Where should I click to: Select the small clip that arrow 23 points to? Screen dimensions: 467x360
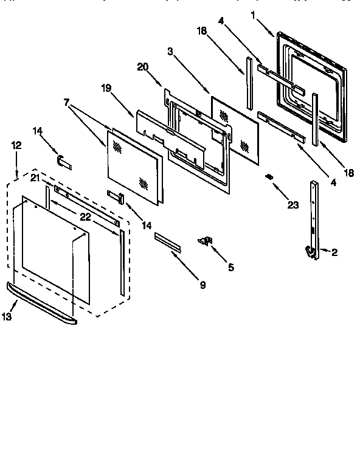tap(268, 177)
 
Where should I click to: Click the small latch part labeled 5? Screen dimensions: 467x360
tap(205, 241)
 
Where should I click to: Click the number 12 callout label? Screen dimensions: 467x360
tap(16, 145)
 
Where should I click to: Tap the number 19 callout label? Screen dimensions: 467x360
tap(106, 88)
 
